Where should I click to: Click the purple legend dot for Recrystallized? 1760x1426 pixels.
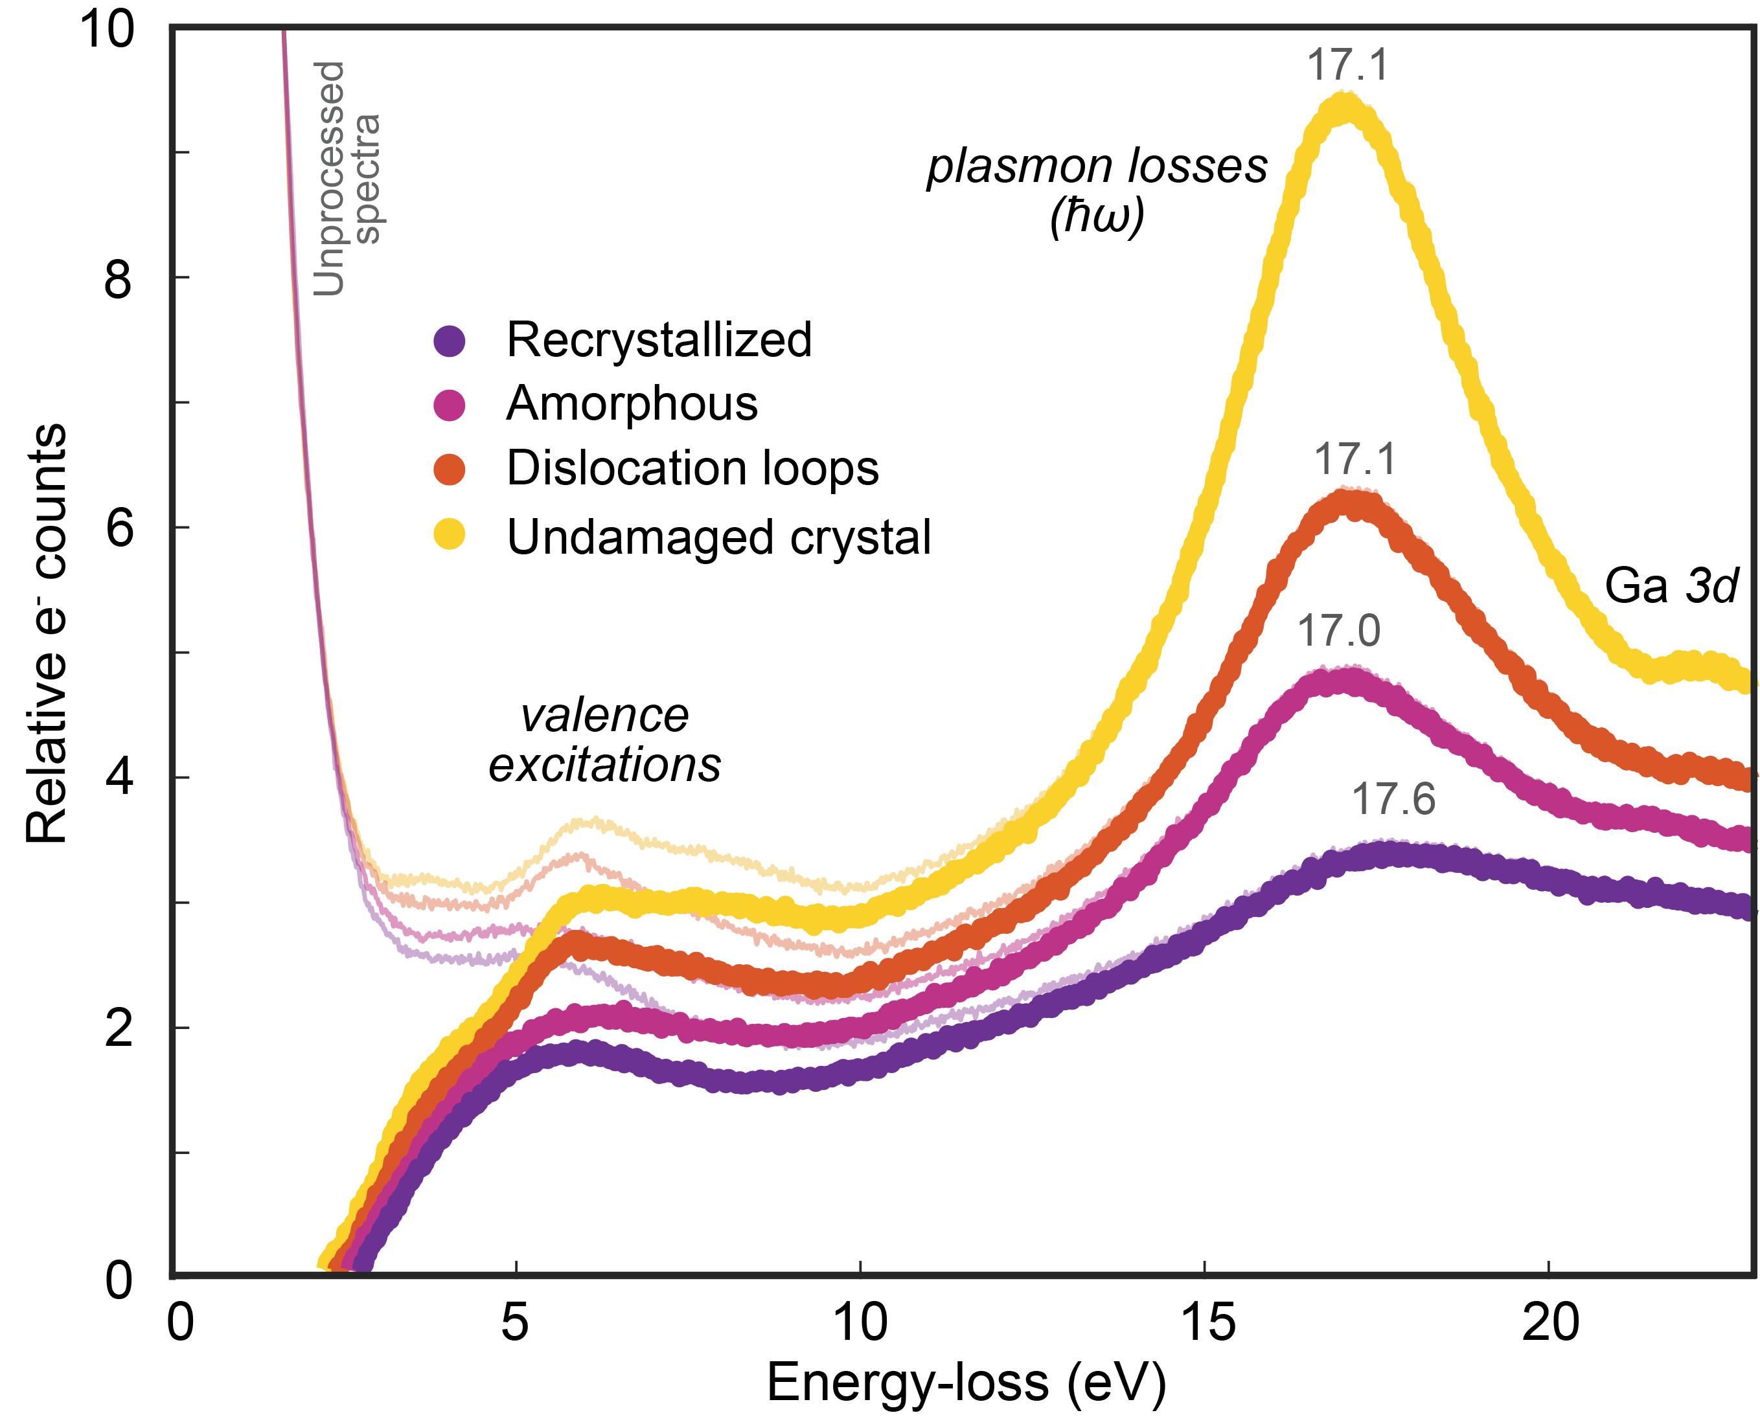[450, 340]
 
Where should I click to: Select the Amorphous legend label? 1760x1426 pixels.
[631, 403]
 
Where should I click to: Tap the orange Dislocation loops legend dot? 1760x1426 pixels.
[450, 469]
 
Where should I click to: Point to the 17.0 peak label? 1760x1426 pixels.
[1338, 631]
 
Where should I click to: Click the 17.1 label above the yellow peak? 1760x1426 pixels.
[1347, 65]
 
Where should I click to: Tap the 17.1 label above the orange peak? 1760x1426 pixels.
[1355, 459]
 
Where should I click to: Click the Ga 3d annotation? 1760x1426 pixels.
[1671, 587]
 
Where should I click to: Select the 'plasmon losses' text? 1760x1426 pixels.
[1097, 166]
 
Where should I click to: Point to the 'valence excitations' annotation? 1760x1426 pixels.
[605, 740]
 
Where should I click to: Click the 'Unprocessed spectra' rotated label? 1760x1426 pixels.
[345, 178]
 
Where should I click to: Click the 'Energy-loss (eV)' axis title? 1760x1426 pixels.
[966, 1383]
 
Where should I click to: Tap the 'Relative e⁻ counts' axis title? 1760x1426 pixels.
[47, 633]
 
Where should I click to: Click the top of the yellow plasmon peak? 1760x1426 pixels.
[1344, 107]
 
